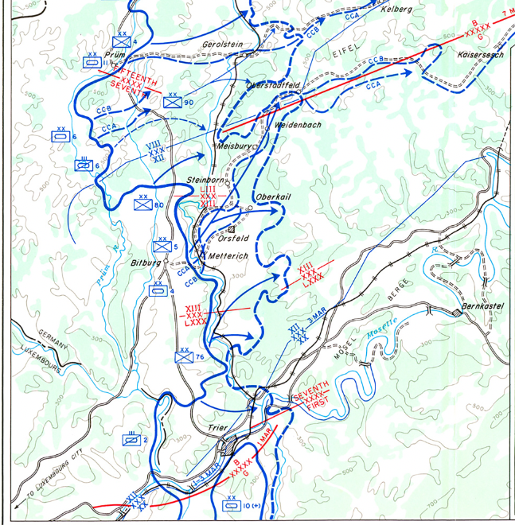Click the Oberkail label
[x=271, y=196]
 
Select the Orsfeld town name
[x=232, y=237]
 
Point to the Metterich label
[x=228, y=256]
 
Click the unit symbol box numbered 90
[x=173, y=102]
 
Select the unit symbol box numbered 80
[x=143, y=204]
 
